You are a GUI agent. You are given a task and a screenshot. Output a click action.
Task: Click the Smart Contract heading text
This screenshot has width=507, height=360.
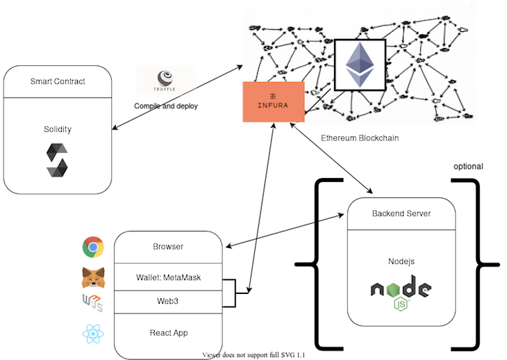(58, 82)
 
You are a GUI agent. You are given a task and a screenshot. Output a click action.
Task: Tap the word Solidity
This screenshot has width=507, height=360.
(58, 129)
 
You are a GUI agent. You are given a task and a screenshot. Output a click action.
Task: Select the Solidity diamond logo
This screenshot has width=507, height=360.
(58, 159)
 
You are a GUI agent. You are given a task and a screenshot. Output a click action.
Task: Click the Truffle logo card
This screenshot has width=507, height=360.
(165, 81)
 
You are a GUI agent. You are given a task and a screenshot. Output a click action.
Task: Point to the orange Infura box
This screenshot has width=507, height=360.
(273, 103)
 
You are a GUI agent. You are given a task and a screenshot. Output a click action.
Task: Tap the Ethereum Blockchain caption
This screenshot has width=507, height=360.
(360, 138)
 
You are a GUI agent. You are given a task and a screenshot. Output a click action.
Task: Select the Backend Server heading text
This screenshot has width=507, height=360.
(401, 213)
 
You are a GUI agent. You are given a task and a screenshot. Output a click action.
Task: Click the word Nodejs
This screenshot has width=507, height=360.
(401, 261)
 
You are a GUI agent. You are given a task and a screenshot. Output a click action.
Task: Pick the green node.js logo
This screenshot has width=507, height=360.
(401, 293)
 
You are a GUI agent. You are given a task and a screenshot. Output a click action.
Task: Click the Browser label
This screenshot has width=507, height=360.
(168, 247)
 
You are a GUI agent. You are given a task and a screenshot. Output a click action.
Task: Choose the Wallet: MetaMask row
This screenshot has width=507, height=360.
(168, 279)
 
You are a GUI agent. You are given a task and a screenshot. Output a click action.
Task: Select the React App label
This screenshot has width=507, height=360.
(168, 333)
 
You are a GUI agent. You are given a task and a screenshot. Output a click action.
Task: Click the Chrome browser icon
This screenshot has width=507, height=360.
(93, 247)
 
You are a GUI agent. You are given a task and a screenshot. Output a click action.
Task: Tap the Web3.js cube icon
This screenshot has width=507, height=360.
(93, 303)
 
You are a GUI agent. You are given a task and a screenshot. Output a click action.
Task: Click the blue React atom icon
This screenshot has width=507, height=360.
(93, 334)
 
